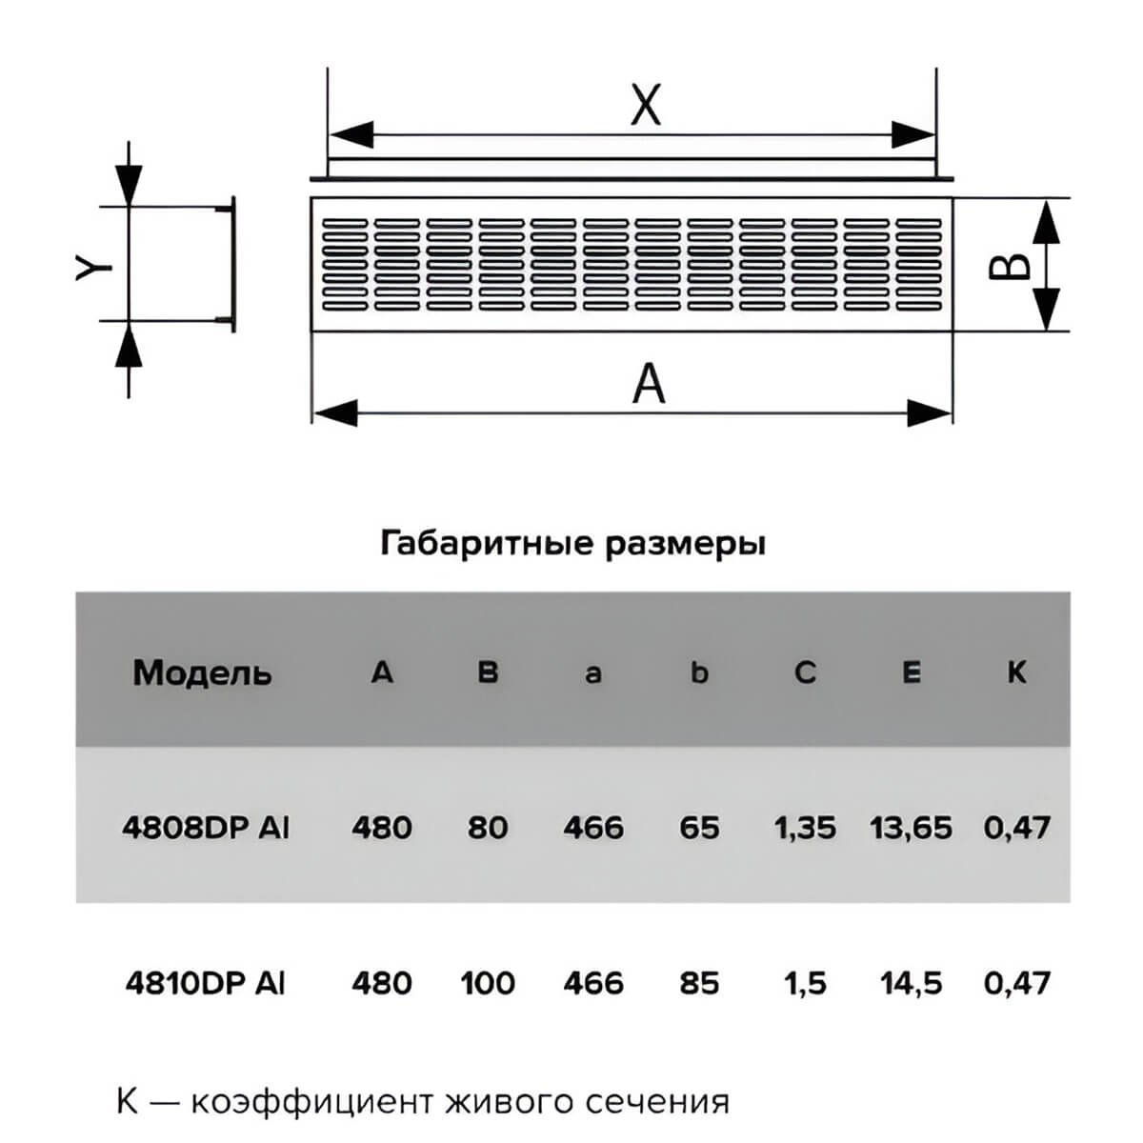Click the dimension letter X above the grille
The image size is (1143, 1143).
[646, 105]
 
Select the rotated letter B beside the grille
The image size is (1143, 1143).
[1009, 267]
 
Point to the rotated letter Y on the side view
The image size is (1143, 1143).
[93, 267]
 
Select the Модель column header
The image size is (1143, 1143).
[202, 673]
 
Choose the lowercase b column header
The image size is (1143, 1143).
[699, 672]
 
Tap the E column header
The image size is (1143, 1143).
[912, 672]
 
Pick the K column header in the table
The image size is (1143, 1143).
[1016, 672]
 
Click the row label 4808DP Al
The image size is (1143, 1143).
[206, 828]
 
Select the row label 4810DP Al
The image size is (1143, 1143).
[205, 983]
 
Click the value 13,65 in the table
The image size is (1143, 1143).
[912, 828]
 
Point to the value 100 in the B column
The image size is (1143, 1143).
[488, 983]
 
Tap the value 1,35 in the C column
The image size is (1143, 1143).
[805, 828]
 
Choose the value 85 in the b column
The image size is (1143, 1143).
[699, 983]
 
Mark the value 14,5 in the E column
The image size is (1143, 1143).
[912, 983]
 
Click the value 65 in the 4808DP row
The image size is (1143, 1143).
[699, 828]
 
